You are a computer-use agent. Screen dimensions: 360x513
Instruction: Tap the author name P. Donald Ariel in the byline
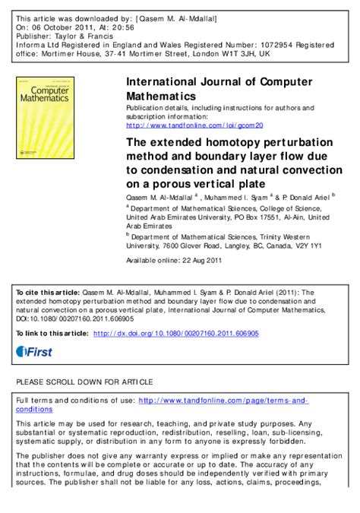point(311,197)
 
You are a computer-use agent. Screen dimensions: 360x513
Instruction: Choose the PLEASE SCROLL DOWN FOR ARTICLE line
point(84,381)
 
